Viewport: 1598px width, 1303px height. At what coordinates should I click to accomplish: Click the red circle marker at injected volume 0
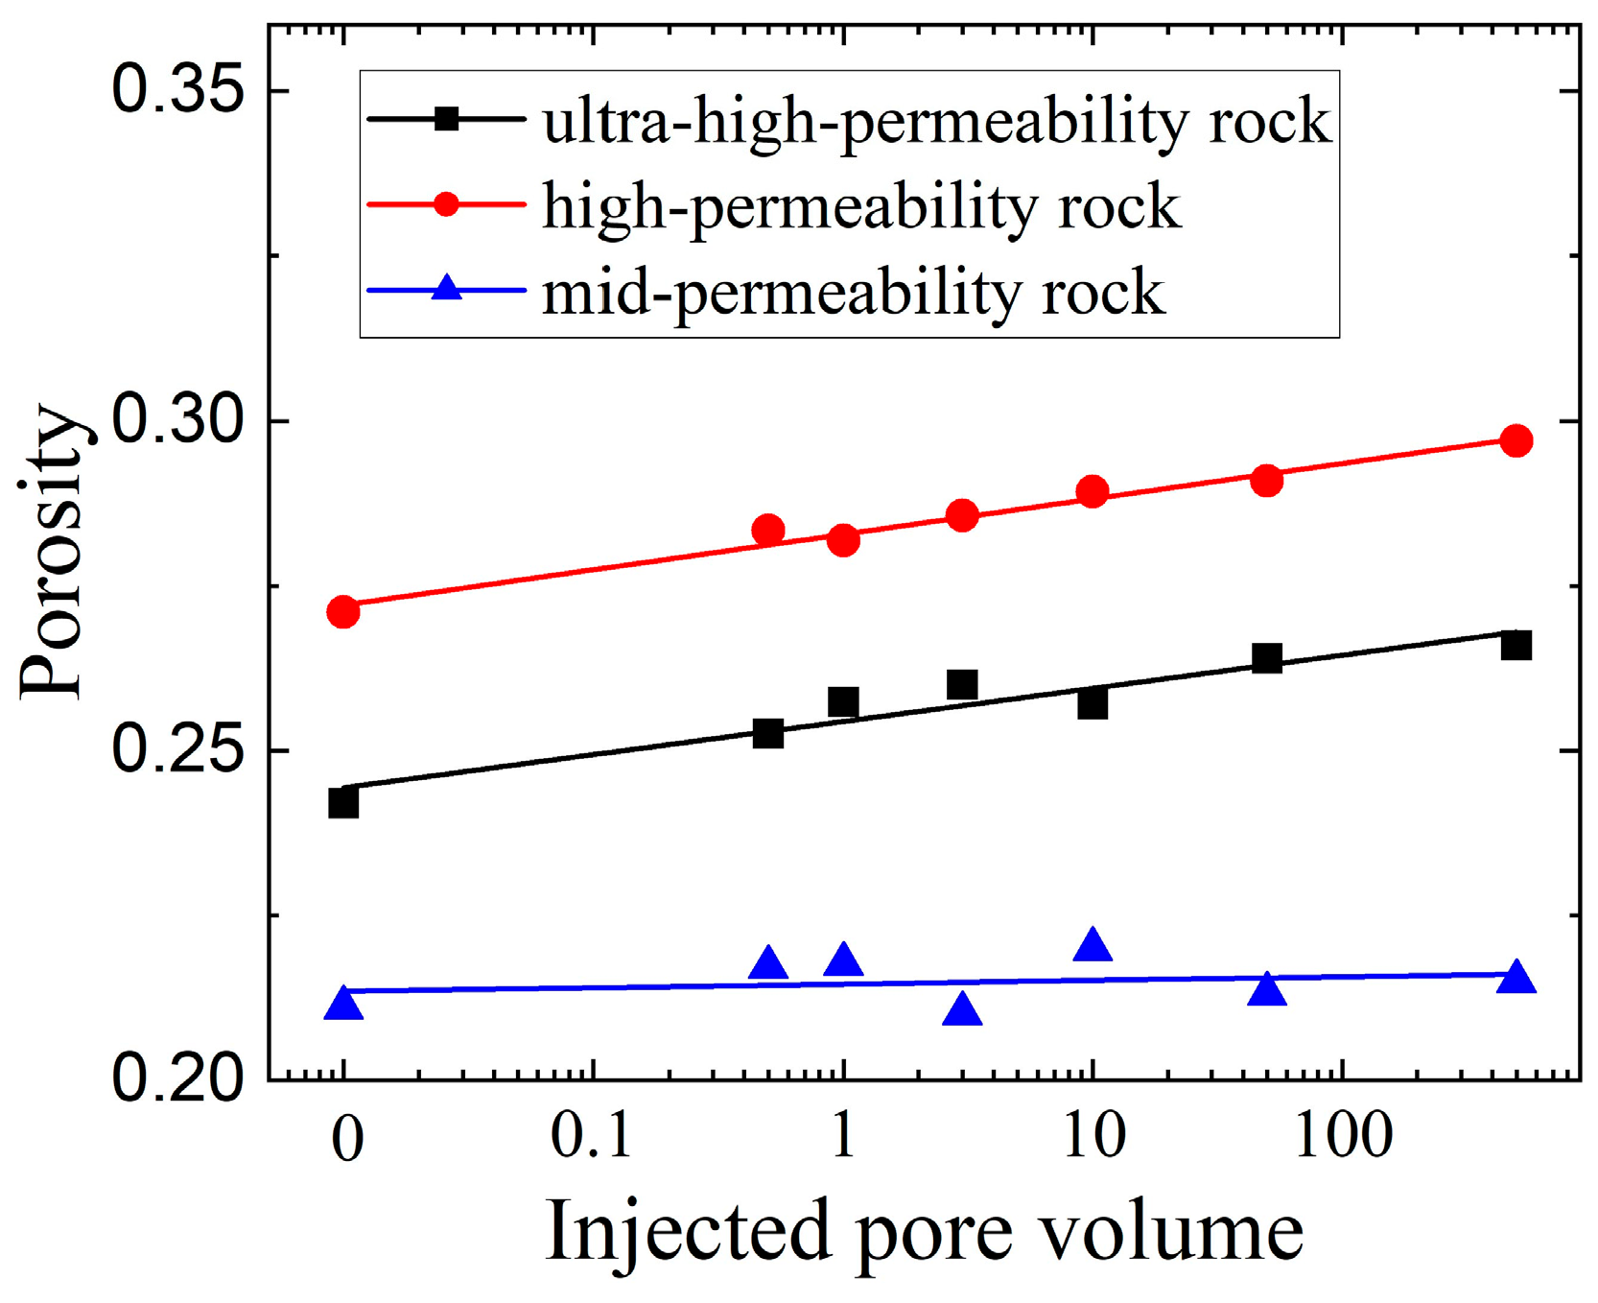tap(342, 611)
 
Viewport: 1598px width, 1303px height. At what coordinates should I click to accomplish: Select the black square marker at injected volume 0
tap(342, 802)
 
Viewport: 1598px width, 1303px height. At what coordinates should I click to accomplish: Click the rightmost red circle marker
tap(1516, 441)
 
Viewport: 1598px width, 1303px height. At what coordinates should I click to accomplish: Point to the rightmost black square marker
tap(1516, 646)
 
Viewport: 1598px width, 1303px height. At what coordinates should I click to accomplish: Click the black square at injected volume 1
tap(842, 702)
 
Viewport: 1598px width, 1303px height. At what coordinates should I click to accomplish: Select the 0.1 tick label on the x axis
tap(591, 1138)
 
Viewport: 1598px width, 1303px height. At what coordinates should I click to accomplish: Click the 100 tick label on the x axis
tap(1340, 1138)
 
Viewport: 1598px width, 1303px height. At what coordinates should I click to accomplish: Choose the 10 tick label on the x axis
tap(1093, 1138)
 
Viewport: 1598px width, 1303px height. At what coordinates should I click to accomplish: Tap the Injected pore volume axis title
tap(924, 1232)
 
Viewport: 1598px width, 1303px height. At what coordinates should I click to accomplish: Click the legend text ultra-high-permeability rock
tap(936, 123)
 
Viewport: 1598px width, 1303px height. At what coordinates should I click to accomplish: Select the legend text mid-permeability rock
tap(853, 293)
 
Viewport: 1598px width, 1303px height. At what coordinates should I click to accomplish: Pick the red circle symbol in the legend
tap(446, 203)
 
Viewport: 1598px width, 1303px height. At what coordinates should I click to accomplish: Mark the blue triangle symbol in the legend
tap(446, 289)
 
